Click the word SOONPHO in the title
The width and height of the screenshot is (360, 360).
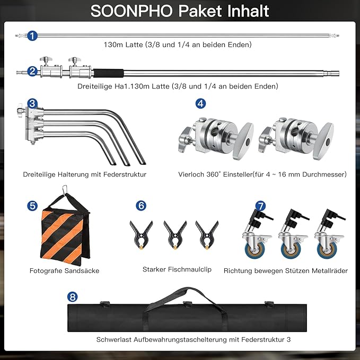(132, 11)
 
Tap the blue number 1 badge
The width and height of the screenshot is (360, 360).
(32, 36)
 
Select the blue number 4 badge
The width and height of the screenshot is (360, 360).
(200, 103)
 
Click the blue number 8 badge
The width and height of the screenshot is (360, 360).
(72, 297)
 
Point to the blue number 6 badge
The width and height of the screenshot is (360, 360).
(141, 206)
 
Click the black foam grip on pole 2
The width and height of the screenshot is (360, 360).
(108, 73)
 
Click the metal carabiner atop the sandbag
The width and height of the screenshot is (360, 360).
(65, 190)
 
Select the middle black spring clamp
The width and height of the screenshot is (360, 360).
(175, 235)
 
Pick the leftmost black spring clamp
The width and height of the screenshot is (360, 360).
(141, 235)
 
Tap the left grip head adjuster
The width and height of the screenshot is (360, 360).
(216, 138)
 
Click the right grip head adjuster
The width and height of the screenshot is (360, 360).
(296, 138)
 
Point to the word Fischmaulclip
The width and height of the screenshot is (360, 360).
(190, 269)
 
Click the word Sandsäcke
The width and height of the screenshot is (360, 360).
(82, 271)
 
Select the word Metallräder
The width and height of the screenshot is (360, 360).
(329, 271)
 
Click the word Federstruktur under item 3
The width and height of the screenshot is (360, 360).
(125, 174)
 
